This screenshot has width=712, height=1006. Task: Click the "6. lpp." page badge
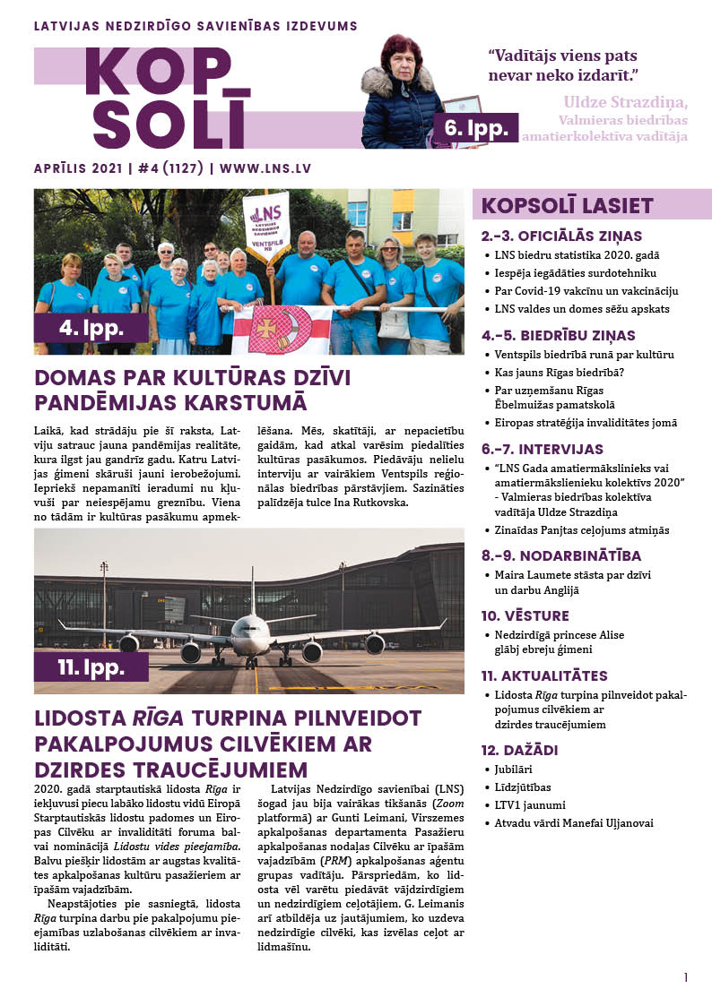click(x=474, y=127)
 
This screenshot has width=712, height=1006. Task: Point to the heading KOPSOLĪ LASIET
click(x=567, y=205)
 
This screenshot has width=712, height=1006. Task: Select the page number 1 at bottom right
click(x=686, y=977)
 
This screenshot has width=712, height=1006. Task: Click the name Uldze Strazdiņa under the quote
click(x=625, y=101)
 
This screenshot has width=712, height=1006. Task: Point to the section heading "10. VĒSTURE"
click(x=525, y=615)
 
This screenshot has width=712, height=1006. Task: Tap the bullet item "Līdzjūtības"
click(x=525, y=787)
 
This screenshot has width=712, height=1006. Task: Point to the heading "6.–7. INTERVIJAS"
click(x=543, y=449)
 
